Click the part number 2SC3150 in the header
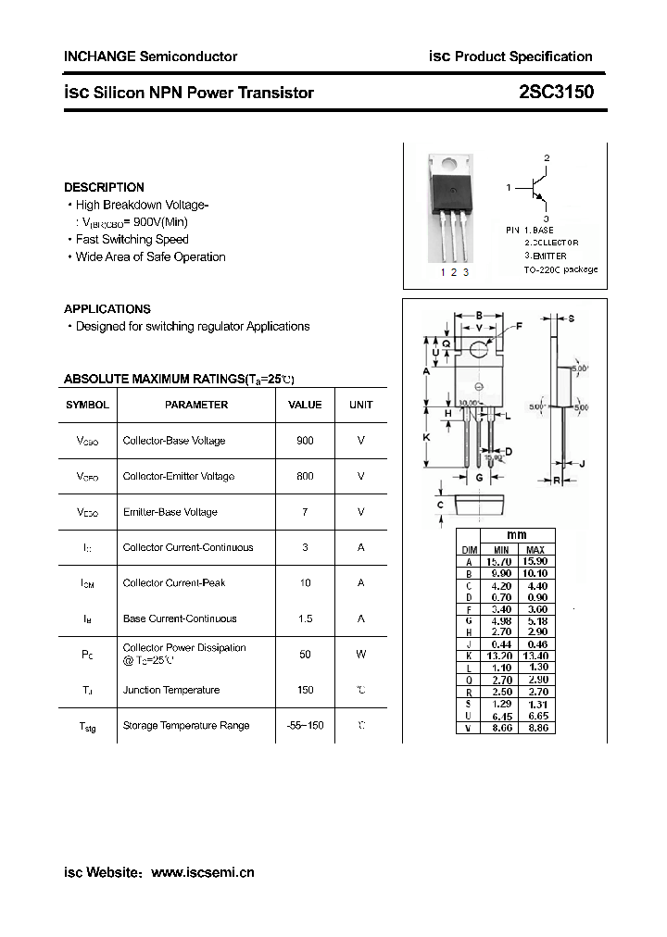tap(556, 93)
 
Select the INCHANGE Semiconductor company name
tap(150, 56)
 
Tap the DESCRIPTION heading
tap(104, 187)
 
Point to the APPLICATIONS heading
tap(107, 309)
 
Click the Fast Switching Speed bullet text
tap(132, 240)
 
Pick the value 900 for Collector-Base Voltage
tap(305, 441)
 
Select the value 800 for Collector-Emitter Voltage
tap(305, 476)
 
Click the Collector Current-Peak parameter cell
tap(174, 583)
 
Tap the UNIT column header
tap(360, 405)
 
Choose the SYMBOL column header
tap(87, 405)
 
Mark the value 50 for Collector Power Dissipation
tap(305, 655)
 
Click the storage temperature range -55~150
tap(305, 725)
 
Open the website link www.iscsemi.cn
tap(202, 872)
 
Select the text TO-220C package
tap(560, 269)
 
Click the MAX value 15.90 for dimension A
tap(535, 562)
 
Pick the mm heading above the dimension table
tap(516, 536)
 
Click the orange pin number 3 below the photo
tap(466, 271)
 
